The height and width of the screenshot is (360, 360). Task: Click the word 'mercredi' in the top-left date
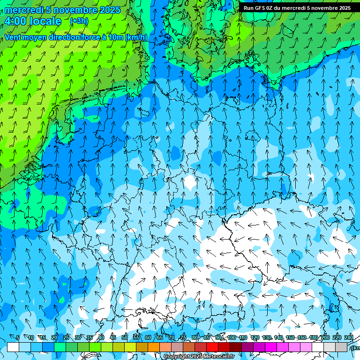tap(23, 9)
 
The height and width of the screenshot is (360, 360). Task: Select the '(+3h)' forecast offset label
tap(78, 21)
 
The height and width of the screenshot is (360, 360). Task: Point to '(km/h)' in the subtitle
tap(136, 37)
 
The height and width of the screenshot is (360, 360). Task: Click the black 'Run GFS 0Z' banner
tap(297, 8)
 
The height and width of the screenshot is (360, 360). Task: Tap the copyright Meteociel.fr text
tap(199, 357)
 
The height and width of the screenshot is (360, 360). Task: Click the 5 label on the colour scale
tap(18, 337)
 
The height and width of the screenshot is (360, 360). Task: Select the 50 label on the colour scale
tap(125, 337)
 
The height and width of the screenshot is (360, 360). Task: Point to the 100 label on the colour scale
tap(232, 337)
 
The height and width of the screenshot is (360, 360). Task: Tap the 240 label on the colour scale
tap(349, 337)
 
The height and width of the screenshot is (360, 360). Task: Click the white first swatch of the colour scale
tap(13, 347)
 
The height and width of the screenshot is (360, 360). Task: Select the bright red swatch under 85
tap(212, 347)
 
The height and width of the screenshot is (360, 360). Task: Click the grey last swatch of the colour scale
tap(341, 347)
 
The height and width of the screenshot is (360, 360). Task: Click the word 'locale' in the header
tap(44, 21)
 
